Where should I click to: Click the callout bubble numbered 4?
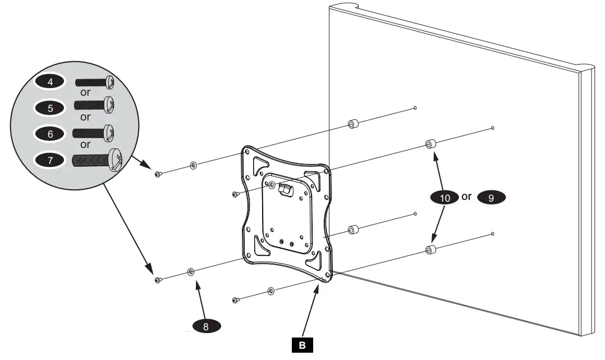pos(51,82)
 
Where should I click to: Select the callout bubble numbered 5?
pos(51,108)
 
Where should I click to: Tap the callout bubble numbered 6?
pos(51,134)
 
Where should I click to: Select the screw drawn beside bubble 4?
pos(94,82)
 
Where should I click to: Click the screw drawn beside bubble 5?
pos(94,105)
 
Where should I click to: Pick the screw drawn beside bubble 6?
pos(94,133)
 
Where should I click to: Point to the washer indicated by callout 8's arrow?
pos(192,272)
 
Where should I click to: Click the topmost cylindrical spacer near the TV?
pos(353,123)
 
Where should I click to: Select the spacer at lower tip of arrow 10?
pos(430,250)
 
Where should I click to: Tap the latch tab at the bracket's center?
pos(286,190)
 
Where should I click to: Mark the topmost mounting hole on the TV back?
pos(414,107)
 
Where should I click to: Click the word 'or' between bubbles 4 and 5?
pos(85,93)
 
